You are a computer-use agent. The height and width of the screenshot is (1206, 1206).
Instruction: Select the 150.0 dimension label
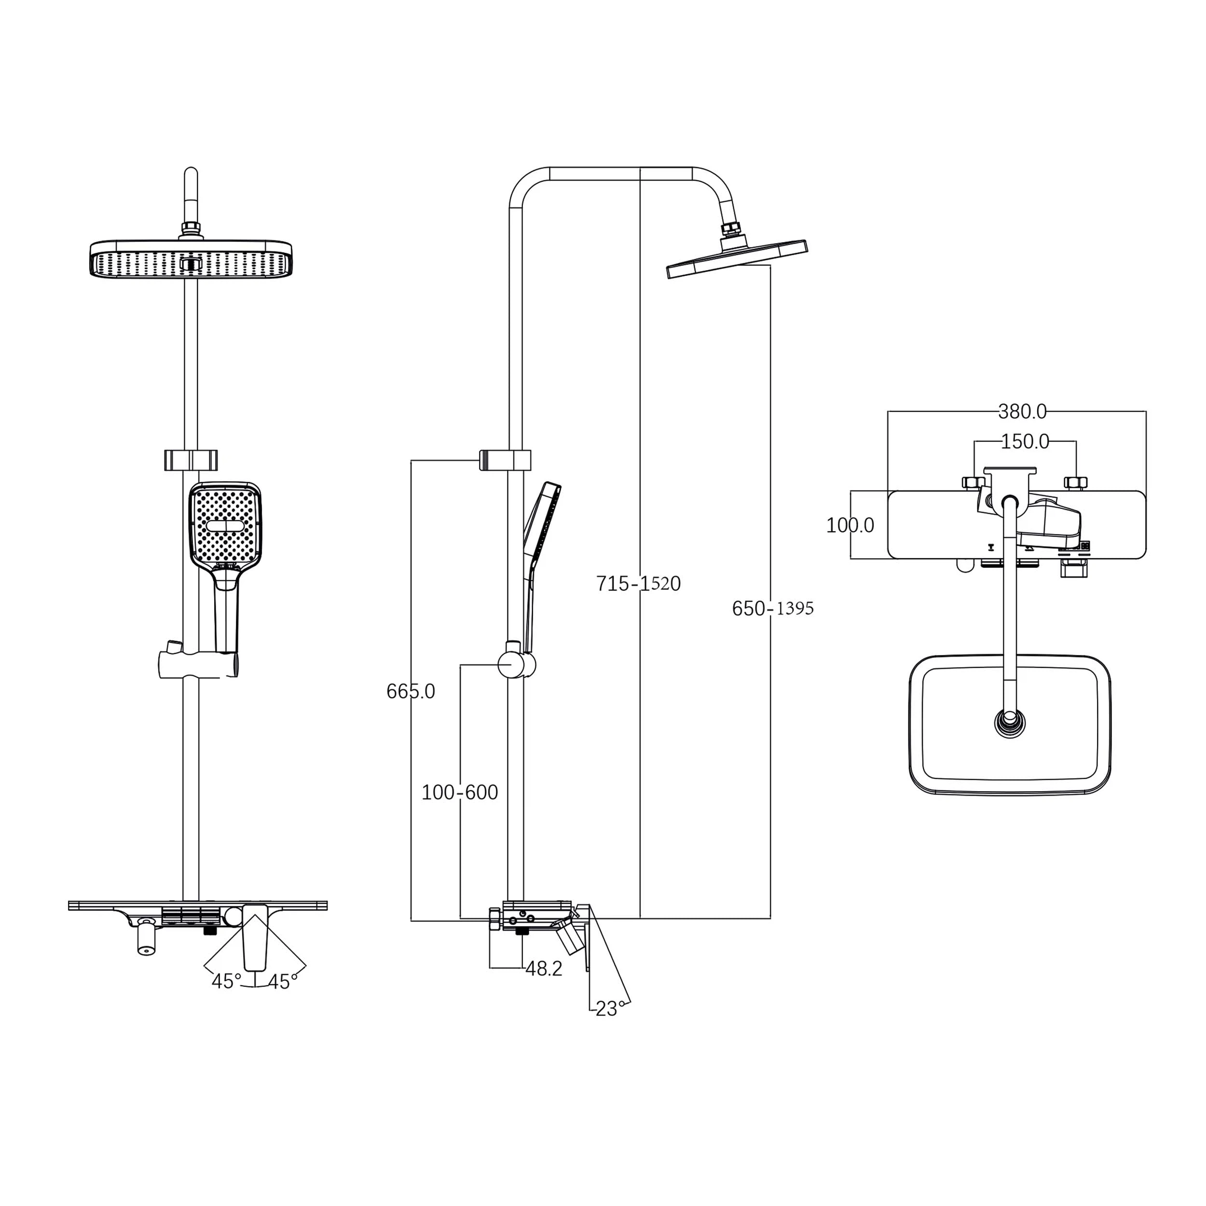coord(1025,442)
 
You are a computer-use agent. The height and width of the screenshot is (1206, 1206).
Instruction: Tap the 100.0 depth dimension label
coord(850,526)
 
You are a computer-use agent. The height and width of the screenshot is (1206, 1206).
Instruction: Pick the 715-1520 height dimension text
coord(638,584)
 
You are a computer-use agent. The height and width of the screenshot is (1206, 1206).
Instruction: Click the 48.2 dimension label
coord(544,969)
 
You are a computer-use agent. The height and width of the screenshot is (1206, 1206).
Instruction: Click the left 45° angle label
coord(226,982)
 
